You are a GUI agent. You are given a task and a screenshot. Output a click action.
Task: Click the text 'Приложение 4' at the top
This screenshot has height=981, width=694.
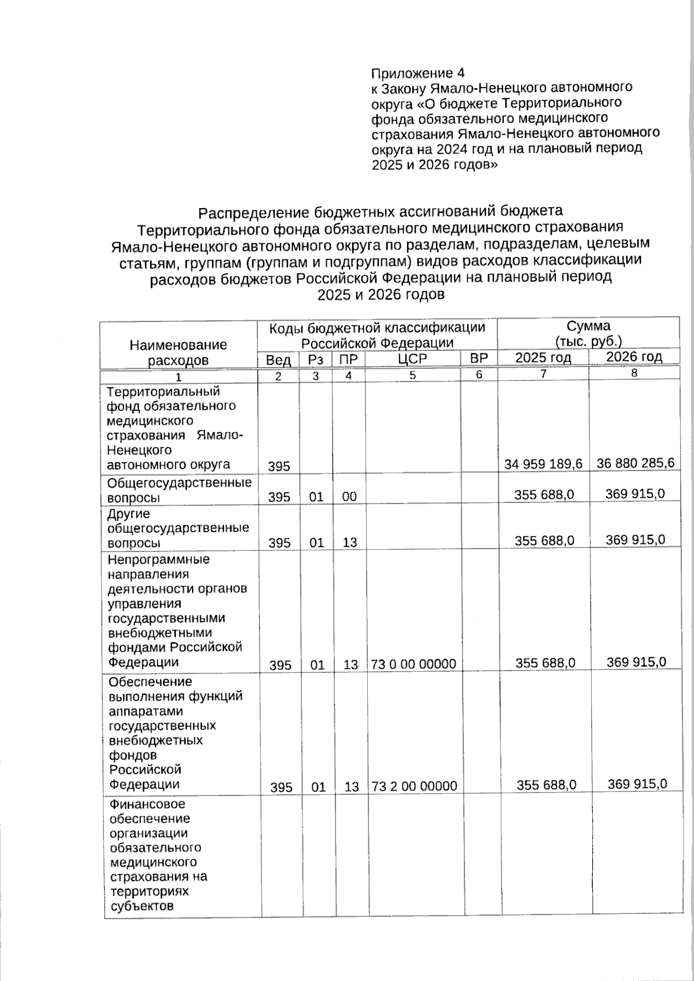click(418, 73)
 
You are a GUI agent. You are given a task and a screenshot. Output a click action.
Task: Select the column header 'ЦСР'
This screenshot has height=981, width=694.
click(412, 359)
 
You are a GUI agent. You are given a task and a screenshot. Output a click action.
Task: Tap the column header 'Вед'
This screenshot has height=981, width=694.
click(278, 360)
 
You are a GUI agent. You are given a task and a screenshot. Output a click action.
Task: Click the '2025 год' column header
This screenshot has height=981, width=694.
click(542, 358)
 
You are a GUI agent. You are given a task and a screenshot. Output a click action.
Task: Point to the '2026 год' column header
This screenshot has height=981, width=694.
click(634, 357)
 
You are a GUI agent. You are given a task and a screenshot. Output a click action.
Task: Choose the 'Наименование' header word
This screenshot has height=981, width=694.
click(178, 345)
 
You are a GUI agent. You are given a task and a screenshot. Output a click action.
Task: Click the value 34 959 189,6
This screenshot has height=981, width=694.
click(543, 464)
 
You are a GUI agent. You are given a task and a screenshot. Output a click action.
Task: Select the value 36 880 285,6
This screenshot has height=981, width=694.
click(635, 462)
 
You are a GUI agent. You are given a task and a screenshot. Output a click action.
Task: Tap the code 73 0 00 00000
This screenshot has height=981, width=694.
click(414, 664)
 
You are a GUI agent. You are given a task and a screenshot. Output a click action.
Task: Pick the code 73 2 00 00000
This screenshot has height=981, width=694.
click(414, 786)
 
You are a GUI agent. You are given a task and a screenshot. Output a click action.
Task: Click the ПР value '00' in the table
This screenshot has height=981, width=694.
click(349, 497)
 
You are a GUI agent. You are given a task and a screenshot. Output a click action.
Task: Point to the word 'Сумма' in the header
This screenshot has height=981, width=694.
click(588, 325)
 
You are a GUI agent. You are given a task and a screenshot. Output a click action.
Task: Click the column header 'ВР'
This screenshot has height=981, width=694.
click(479, 358)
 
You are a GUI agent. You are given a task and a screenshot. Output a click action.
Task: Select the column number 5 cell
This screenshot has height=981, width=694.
click(412, 375)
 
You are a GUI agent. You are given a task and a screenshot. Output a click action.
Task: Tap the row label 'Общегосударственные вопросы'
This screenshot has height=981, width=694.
click(179, 490)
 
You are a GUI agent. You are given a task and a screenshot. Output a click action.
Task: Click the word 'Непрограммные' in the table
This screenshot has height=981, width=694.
click(158, 560)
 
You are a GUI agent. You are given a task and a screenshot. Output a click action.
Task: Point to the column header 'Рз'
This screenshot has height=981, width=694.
click(315, 360)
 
